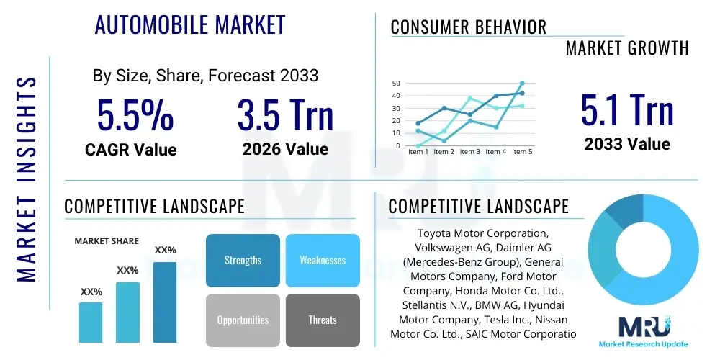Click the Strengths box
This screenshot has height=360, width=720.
[x=243, y=260]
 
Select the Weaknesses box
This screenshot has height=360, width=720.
[x=323, y=260]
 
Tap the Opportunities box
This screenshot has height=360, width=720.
[x=243, y=320]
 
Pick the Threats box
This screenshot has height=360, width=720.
[x=323, y=320]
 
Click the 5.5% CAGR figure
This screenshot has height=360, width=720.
[x=135, y=116]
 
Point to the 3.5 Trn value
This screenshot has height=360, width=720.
[x=285, y=116]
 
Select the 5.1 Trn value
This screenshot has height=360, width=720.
[x=627, y=111]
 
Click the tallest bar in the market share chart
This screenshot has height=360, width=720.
[x=165, y=302]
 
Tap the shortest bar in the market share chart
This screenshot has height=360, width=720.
[x=91, y=322]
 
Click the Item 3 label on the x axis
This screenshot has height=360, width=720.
[x=470, y=152]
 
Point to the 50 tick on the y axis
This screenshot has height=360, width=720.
[x=396, y=84]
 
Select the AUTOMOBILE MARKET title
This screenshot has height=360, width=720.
[x=190, y=25]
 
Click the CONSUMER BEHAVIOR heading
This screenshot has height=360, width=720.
[x=468, y=27]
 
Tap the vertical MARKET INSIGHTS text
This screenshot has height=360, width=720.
[x=26, y=177]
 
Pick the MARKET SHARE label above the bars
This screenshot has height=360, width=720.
[x=107, y=241]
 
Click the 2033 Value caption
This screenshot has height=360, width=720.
[x=627, y=143]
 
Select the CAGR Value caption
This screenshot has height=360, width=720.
[x=130, y=149]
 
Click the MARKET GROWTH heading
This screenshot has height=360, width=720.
[x=627, y=48]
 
